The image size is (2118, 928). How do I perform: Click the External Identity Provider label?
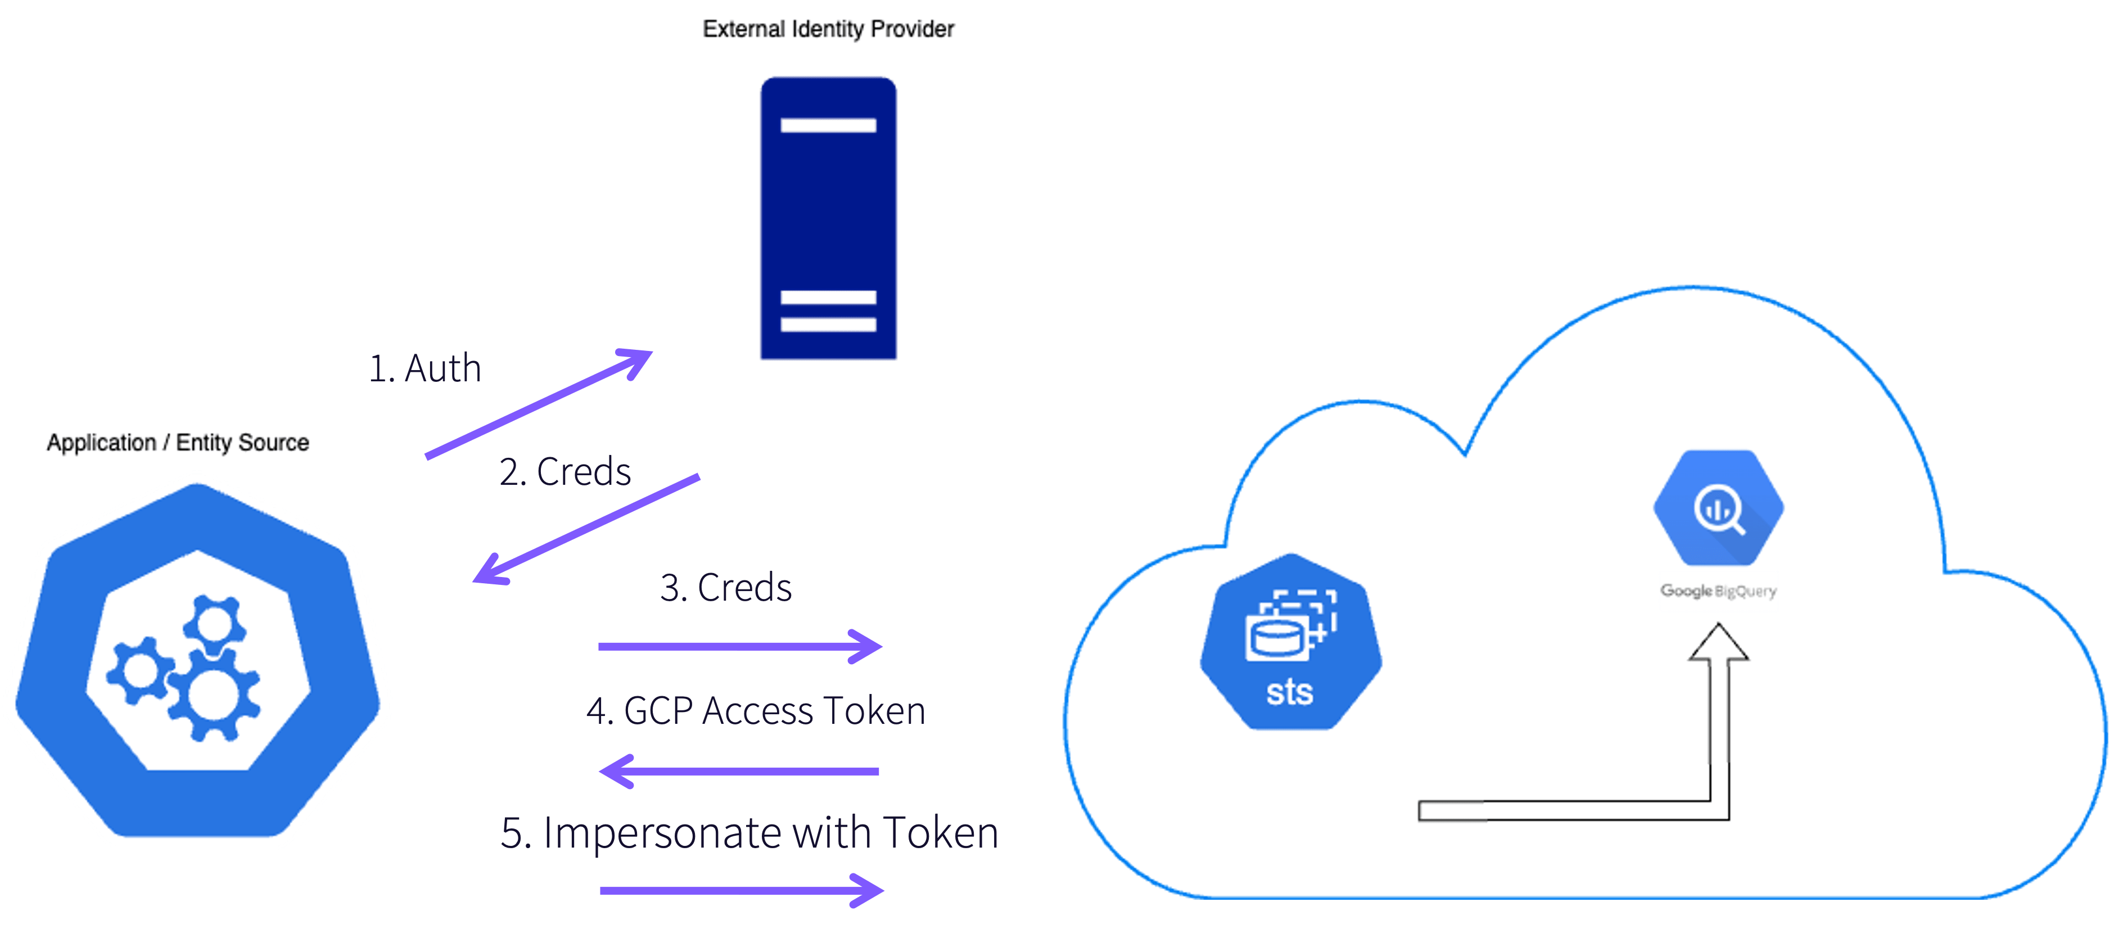829,30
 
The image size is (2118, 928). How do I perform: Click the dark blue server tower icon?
828,218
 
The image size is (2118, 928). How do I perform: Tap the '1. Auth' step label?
424,368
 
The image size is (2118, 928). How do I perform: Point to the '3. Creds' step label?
725,587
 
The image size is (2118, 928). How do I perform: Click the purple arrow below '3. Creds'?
739,647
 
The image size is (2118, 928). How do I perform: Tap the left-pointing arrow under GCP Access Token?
739,771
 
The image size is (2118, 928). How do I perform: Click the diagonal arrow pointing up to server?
539,404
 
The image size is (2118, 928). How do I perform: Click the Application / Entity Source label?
178,443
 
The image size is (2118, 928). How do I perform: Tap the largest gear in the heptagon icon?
214,693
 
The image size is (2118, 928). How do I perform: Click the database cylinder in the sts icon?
1275,638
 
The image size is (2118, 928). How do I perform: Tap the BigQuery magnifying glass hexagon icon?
1718,508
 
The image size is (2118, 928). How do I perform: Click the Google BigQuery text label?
1718,591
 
